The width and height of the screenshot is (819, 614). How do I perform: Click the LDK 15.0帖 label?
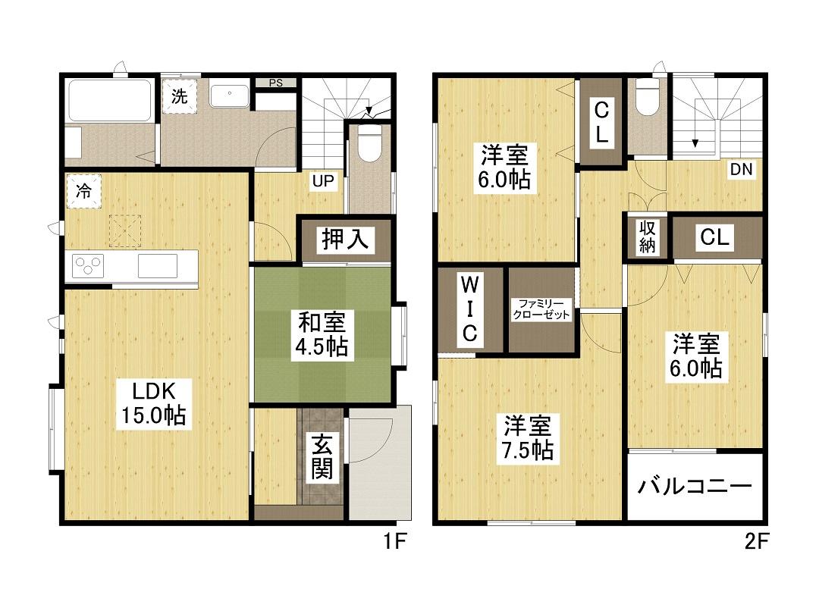[x=153, y=403]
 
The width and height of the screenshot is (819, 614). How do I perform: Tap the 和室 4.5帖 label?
[x=322, y=334]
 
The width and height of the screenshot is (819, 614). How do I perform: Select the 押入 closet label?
[x=345, y=240]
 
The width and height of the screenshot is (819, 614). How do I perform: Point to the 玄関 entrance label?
[x=323, y=457]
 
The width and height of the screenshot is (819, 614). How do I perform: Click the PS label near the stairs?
[x=276, y=83]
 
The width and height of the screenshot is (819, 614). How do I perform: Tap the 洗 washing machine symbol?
[x=180, y=96]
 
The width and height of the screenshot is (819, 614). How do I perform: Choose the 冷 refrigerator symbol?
[x=83, y=191]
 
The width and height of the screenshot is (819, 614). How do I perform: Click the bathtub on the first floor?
[x=110, y=100]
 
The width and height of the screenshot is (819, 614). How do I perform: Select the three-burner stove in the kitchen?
[x=88, y=265]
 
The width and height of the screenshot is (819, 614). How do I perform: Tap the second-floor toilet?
[x=648, y=96]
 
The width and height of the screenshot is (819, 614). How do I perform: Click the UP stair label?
[x=323, y=181]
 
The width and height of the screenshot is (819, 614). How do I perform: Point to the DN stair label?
[x=741, y=170]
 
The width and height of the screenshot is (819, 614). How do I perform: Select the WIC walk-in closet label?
[x=469, y=309]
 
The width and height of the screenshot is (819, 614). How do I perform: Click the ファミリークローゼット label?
[x=541, y=309]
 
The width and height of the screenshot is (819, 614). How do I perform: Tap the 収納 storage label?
[x=647, y=237]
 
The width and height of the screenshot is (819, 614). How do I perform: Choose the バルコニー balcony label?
[x=695, y=487]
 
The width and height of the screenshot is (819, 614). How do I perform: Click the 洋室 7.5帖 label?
[x=528, y=437]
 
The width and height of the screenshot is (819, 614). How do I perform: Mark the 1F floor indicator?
[x=395, y=541]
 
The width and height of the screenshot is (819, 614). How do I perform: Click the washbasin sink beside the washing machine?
[x=230, y=96]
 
